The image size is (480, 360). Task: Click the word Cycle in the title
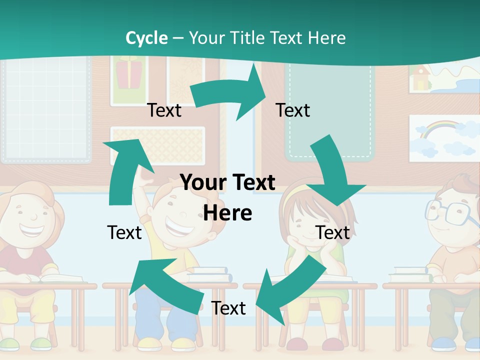(146, 38)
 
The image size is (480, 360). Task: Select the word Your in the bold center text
(200, 183)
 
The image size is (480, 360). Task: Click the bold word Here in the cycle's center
(227, 213)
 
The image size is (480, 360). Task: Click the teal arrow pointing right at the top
(230, 93)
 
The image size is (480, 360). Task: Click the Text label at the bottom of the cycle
(228, 308)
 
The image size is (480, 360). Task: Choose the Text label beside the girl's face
(333, 232)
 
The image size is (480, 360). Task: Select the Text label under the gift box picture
(164, 110)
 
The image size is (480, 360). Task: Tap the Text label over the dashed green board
(293, 110)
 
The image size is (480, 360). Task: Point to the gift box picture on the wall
(129, 75)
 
